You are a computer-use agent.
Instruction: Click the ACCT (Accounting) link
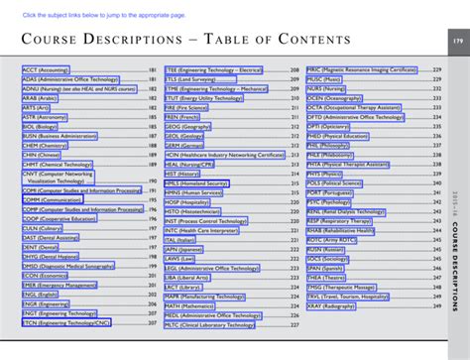pyautogui.click(x=48, y=70)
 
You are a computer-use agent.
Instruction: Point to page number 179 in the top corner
pyautogui.click(x=457, y=41)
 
